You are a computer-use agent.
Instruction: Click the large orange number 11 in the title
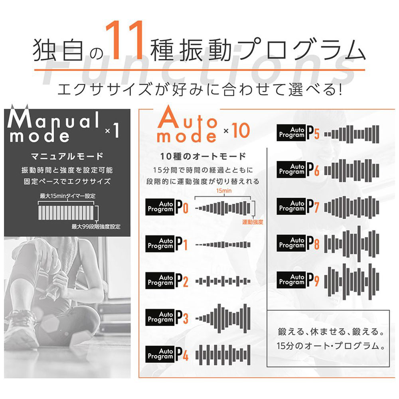coord(124,40)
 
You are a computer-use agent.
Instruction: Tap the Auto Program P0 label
coord(167,207)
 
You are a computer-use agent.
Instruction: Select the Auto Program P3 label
coord(167,317)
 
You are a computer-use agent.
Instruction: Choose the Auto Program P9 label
coord(298,280)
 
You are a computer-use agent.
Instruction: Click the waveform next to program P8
coord(352,243)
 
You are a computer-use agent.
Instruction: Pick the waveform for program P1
coord(223,245)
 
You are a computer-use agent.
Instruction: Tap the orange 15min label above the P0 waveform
coord(224,191)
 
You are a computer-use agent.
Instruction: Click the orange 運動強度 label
coord(253,222)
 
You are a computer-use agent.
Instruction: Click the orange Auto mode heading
coord(187,124)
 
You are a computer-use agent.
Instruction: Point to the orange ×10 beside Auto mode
coord(237,130)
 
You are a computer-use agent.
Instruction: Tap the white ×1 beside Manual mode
coord(112,130)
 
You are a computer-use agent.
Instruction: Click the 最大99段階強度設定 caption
coord(96,227)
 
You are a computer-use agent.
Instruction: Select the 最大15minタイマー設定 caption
coord(68,196)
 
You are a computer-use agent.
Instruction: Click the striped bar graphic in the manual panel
coord(66,213)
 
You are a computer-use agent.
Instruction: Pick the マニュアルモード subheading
coord(67,156)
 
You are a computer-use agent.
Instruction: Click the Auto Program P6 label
coord(298,170)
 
